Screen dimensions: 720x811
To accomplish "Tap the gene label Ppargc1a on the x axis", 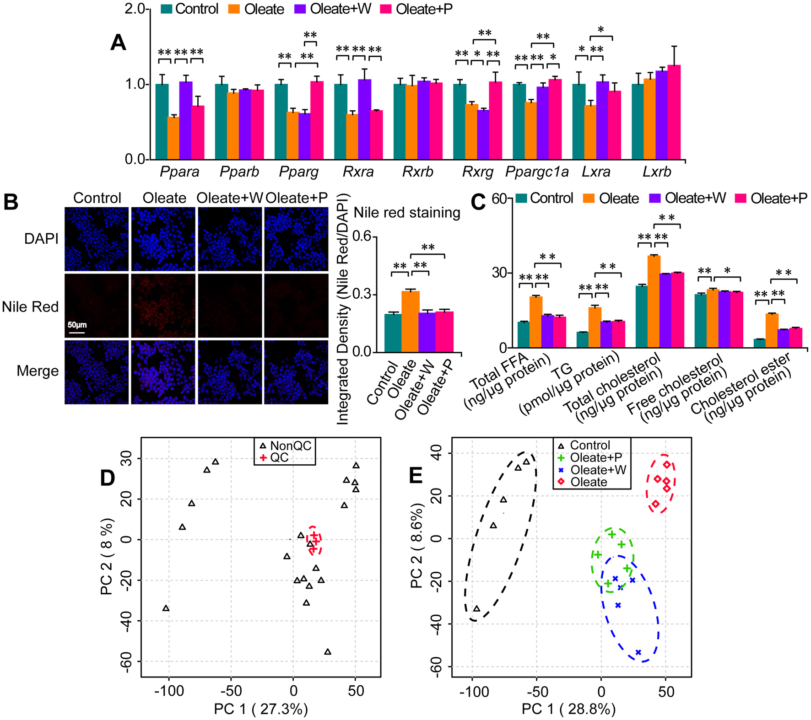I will pyautogui.click(x=537, y=172).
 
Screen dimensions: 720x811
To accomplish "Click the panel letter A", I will pyautogui.click(x=118, y=43).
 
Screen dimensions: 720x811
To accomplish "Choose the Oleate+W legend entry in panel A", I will pyautogui.click(x=333, y=9).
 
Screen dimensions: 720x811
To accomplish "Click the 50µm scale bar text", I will pyautogui.click(x=77, y=325).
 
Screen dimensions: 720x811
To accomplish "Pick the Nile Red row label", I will pyautogui.click(x=30, y=306).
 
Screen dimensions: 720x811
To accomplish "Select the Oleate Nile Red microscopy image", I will pyautogui.click(x=163, y=306).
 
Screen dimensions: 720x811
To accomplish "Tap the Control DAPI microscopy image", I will pyautogui.click(x=97, y=239).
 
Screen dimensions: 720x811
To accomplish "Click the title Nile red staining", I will pyautogui.click(x=407, y=213).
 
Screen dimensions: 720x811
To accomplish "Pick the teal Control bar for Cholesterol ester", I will pyautogui.click(x=759, y=343).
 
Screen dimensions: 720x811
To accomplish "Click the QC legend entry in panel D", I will pyautogui.click(x=279, y=458).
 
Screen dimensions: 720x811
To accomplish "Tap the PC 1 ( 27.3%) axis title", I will pyautogui.click(x=261, y=709).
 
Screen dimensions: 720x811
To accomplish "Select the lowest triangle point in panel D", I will pyautogui.click(x=328, y=652).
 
